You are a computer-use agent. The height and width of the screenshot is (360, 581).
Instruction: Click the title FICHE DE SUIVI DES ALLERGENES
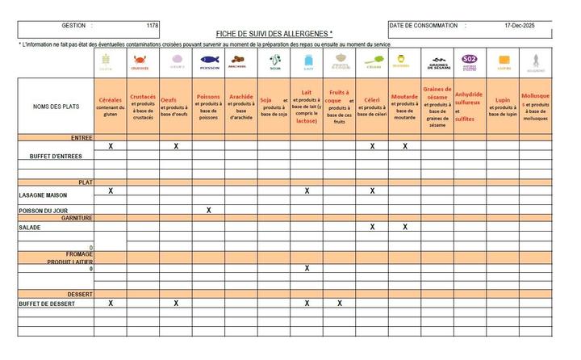click(274, 32)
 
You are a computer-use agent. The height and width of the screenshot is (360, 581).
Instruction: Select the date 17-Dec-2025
click(520, 26)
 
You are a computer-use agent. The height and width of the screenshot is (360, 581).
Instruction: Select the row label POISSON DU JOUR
click(44, 211)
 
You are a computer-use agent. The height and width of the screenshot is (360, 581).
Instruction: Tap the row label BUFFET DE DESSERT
click(47, 303)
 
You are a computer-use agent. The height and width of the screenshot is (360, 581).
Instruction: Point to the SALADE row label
click(31, 228)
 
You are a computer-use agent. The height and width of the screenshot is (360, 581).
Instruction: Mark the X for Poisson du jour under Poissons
click(209, 210)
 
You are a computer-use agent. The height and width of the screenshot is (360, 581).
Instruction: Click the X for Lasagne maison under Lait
click(307, 191)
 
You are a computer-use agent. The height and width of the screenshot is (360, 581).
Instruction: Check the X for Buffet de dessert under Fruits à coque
click(340, 303)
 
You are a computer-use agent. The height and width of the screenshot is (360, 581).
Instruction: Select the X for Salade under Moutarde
click(405, 227)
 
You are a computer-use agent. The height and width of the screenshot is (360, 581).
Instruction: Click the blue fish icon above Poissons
click(209, 60)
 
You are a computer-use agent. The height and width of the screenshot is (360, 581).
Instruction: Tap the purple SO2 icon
click(469, 60)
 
